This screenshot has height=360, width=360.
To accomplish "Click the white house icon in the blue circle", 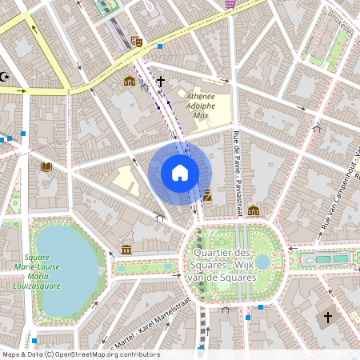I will tap(180, 173).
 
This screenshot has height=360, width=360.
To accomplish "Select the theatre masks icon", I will tap(137, 41).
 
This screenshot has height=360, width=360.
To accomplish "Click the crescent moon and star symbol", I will tap(6, 77).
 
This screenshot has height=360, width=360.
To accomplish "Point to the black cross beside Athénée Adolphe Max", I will tap(160, 82).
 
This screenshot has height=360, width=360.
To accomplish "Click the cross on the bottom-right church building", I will tap(327, 318).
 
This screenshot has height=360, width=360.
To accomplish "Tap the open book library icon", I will tap(46, 166).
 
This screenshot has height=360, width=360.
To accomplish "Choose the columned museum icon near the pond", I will tap(126, 250).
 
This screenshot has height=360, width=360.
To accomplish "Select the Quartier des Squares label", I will tap(223, 266).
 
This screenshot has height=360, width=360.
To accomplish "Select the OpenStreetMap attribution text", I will tap(81, 354).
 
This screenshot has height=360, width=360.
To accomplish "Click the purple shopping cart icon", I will tap(230, 3).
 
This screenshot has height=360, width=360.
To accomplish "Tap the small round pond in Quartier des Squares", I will tap(262, 261).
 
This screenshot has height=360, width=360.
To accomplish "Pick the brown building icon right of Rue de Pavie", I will tap(253, 211).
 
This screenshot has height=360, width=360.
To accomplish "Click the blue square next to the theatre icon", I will tap(160, 46).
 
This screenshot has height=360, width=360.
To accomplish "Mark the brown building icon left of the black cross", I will tap(130, 81).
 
